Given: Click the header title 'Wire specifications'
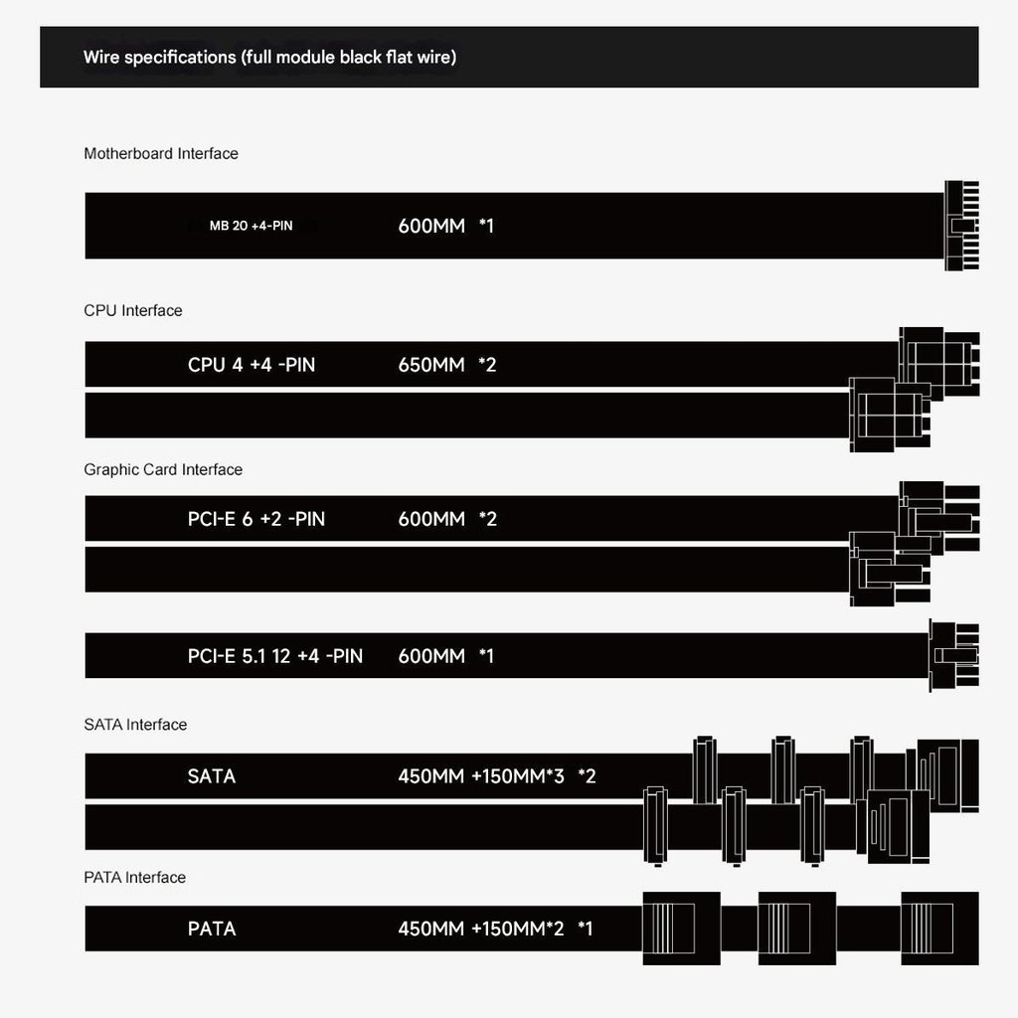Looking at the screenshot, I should click(x=159, y=57).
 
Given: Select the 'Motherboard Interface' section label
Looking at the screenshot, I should click(x=161, y=153).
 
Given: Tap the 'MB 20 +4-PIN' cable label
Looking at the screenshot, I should click(x=251, y=226).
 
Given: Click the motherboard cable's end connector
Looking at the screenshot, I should click(x=961, y=226).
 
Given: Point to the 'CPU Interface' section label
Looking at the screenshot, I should click(x=133, y=310).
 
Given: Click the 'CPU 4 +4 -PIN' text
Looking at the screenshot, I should click(x=252, y=365).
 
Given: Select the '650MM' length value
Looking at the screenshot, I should click(x=431, y=365).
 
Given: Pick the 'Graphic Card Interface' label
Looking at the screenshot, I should click(x=163, y=469).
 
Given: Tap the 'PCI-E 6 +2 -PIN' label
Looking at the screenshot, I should click(x=256, y=519).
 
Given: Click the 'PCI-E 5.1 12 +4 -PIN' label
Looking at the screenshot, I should click(x=275, y=656).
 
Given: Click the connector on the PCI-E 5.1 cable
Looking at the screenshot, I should click(x=954, y=655).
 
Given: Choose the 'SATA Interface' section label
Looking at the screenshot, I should click(x=135, y=725).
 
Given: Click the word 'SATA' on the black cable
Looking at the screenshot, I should click(x=212, y=776).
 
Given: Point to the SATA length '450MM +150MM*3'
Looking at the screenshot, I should click(x=481, y=776).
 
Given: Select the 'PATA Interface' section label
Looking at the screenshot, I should click(x=134, y=877).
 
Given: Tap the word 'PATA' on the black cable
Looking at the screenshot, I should click(x=212, y=930).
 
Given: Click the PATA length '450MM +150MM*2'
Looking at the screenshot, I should click(x=481, y=930).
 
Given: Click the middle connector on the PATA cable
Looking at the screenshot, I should click(x=796, y=928).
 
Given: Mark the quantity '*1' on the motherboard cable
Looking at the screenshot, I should click(x=486, y=226).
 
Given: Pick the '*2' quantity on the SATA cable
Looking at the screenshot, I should click(x=587, y=776).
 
